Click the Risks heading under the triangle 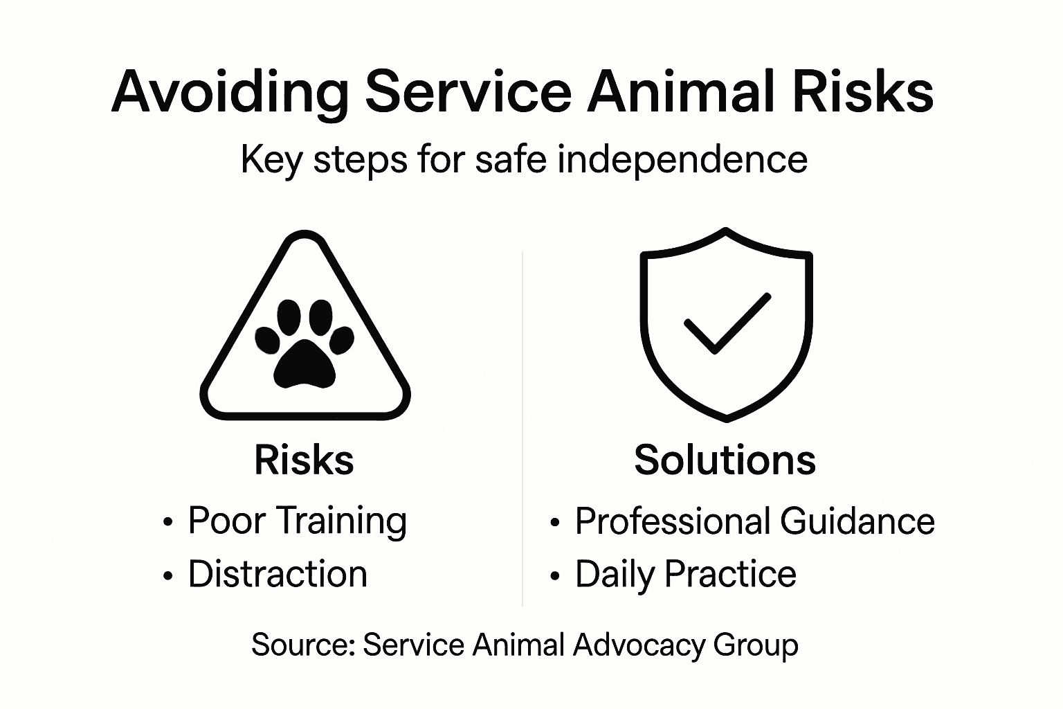[x=304, y=460]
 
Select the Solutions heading [x=725, y=460]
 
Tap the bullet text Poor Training [x=297, y=521]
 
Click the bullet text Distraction [x=278, y=574]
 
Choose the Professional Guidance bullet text [x=754, y=521]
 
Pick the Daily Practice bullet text [x=685, y=574]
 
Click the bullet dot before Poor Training [x=167, y=523]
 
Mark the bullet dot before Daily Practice [x=554, y=576]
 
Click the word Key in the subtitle [x=271, y=161]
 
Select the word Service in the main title [x=469, y=92]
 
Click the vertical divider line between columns [x=523, y=429]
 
